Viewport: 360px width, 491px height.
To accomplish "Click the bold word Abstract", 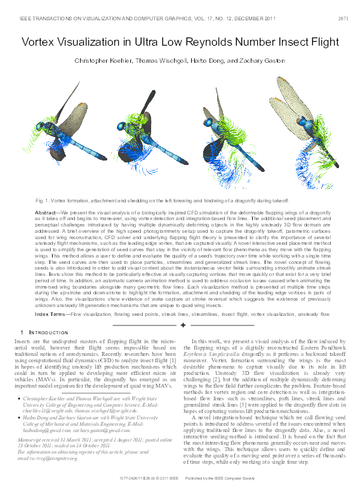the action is coord(47,213).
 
